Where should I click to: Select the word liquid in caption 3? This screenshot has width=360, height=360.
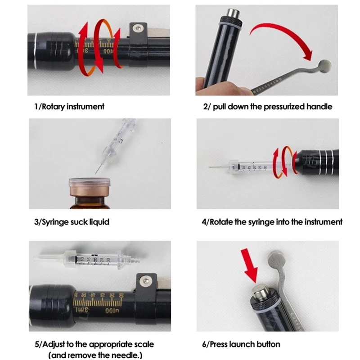[x=99, y=222]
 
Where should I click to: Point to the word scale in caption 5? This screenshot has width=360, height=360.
[x=144, y=344]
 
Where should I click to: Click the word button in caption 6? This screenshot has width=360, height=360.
[x=268, y=344]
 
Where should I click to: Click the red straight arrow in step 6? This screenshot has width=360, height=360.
[x=250, y=265]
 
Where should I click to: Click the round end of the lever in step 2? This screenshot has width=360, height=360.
[x=325, y=66]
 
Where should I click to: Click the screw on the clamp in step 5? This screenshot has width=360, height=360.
[x=145, y=280]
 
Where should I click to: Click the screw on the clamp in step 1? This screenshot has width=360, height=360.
[x=138, y=28]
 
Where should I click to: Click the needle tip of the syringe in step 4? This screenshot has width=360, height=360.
[x=209, y=167]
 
